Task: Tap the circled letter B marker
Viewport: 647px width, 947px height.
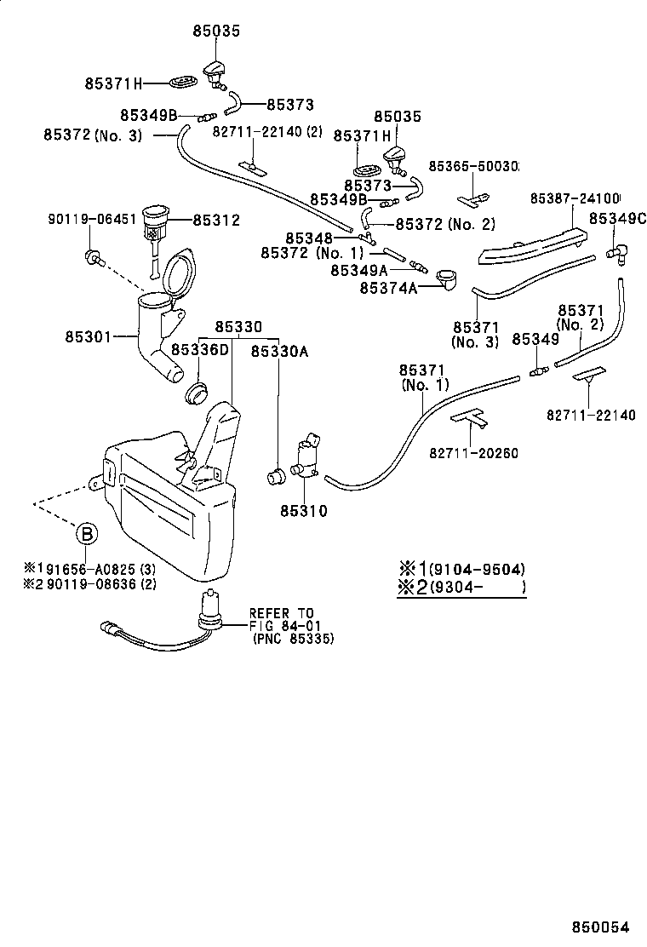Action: click(x=87, y=534)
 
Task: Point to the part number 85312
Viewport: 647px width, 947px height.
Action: click(x=216, y=220)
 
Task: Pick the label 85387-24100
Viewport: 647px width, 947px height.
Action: click(x=575, y=198)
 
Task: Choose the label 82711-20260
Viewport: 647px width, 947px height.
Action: click(x=474, y=453)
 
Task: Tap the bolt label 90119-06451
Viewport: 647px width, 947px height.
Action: click(x=91, y=220)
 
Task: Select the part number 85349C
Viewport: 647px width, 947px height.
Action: click(x=616, y=219)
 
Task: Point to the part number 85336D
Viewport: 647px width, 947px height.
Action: click(x=200, y=350)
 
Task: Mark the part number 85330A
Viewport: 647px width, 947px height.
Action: click(x=279, y=350)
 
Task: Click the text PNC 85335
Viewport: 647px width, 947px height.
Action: click(x=294, y=639)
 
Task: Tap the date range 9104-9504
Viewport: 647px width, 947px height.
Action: click(x=477, y=569)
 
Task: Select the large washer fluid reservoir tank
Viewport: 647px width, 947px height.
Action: click(x=170, y=502)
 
